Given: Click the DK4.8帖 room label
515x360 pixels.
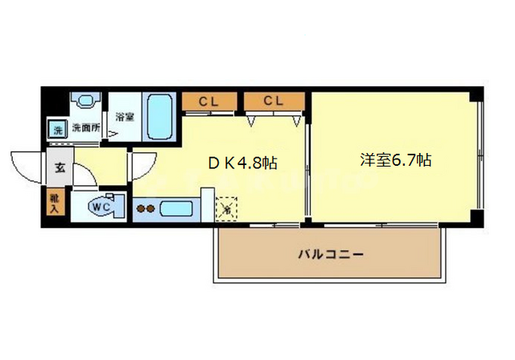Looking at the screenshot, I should click(244, 163).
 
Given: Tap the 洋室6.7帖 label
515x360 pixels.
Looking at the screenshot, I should click(395, 159).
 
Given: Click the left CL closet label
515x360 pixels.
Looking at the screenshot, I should click(210, 101).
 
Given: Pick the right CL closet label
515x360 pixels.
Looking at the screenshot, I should click(274, 101).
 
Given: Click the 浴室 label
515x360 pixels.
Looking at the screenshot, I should click(124, 116).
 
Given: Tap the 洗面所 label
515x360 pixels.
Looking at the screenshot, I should click(84, 127).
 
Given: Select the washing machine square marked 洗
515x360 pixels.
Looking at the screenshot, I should click(57, 128).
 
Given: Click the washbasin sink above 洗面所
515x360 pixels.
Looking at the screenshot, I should click(85, 100).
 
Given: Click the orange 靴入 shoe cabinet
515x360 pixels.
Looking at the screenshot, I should click(55, 204).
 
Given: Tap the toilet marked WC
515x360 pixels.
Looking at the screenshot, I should click(103, 205).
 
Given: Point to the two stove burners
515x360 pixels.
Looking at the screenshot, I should click(146, 209).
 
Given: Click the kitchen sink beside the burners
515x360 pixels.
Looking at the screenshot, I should click(175, 209).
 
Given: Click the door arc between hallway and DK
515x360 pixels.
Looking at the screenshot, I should click(141, 167).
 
